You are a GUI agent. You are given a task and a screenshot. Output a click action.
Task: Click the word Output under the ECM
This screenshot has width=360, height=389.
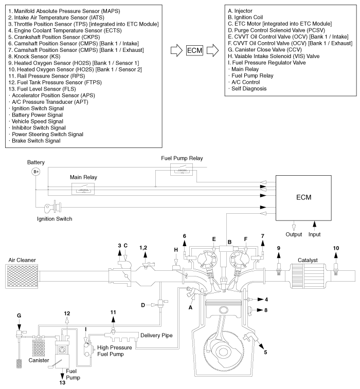(294, 234)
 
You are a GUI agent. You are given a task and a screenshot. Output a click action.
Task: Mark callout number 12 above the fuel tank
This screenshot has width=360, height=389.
(67, 313)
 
